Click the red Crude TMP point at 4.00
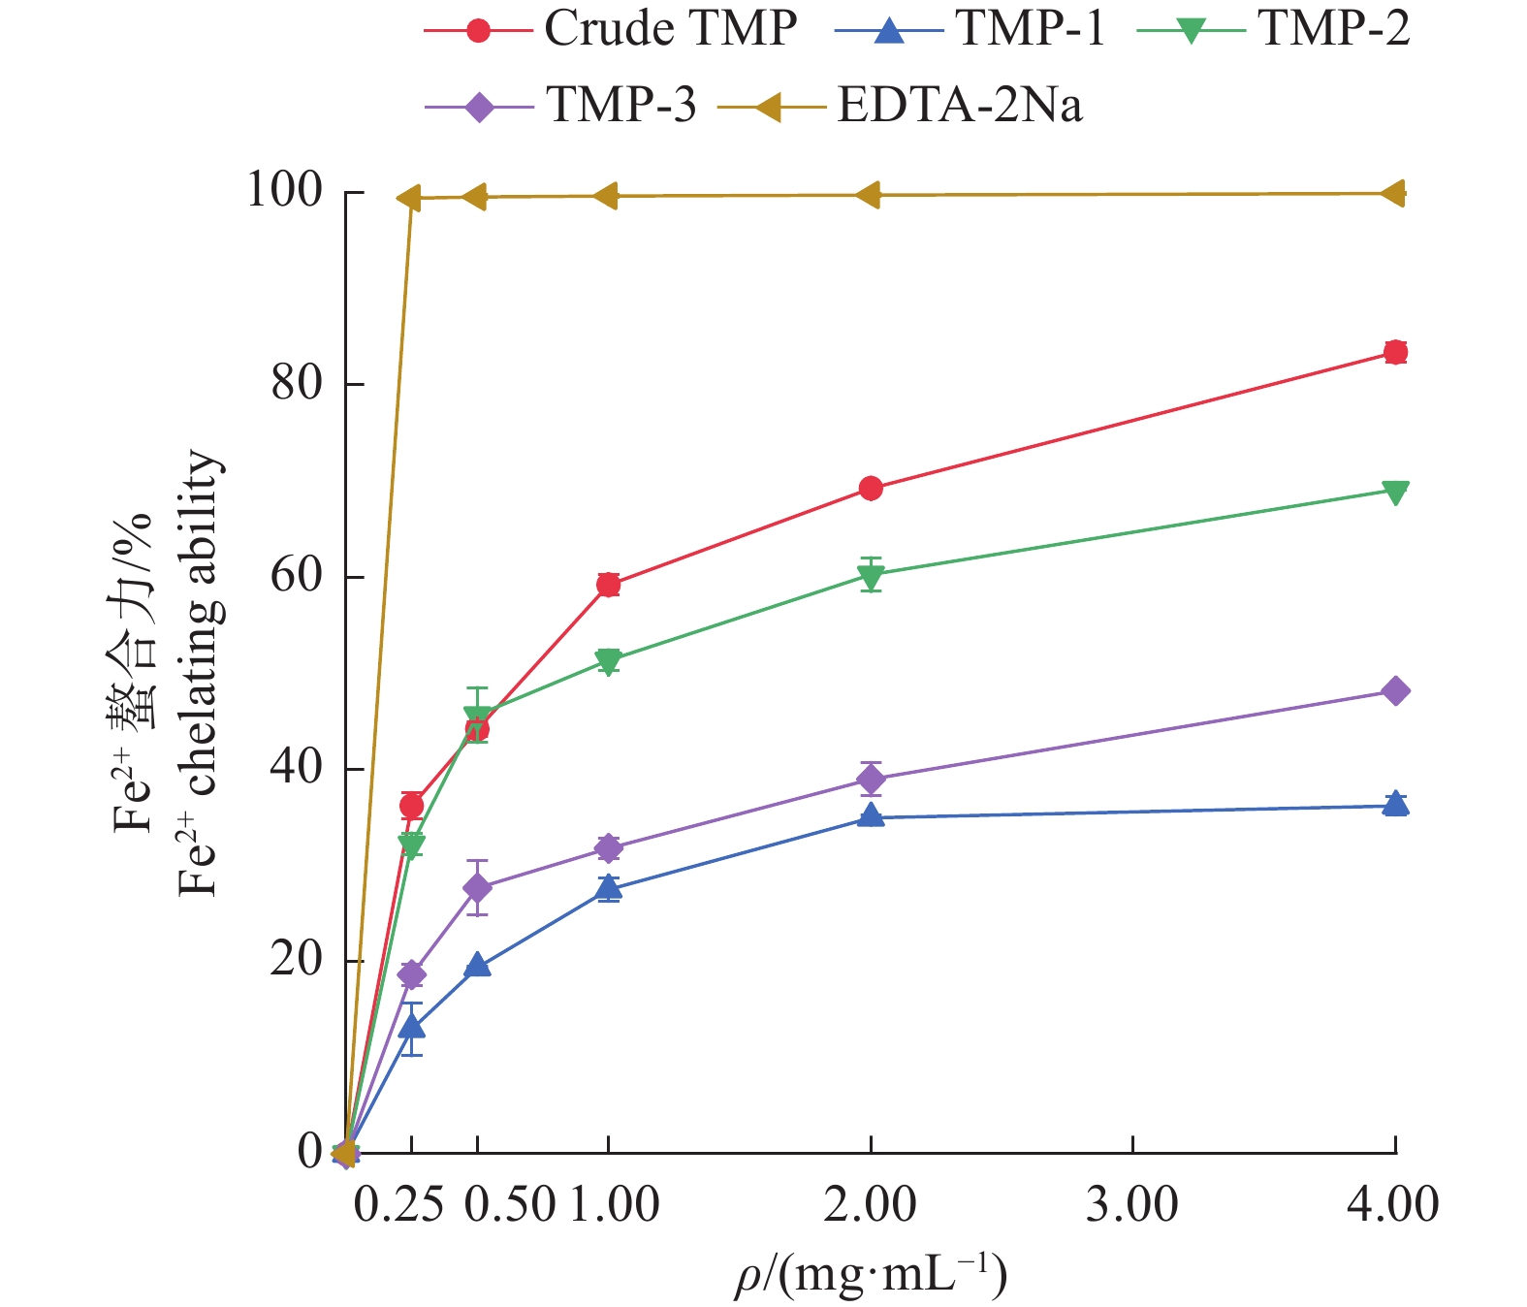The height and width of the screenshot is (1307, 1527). [x=1395, y=352]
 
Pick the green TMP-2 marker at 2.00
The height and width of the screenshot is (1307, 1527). [x=871, y=576]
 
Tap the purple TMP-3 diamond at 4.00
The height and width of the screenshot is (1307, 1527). [x=1395, y=691]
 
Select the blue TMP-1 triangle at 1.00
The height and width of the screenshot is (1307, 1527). [x=608, y=887]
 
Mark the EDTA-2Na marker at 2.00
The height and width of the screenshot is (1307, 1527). [x=869, y=195]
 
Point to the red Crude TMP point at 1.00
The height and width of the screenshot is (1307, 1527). [x=608, y=585]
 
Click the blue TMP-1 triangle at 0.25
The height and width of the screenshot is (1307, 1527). [x=411, y=1027]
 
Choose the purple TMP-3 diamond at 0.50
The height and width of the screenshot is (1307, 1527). [x=477, y=887]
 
